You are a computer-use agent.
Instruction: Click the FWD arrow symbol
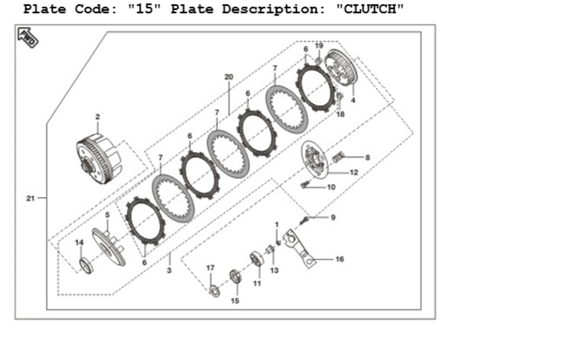pyautogui.click(x=28, y=37)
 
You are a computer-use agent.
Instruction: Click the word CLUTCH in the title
pyautogui.click(x=370, y=9)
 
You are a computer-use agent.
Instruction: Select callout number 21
pyautogui.click(x=30, y=198)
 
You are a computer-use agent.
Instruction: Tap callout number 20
pyautogui.click(x=229, y=76)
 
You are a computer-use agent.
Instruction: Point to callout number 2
pyautogui.click(x=98, y=117)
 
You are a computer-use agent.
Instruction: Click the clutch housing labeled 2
pyautogui.click(x=99, y=159)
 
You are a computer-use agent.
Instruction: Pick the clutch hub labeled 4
pyautogui.click(x=341, y=69)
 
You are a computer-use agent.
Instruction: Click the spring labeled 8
pyautogui.click(x=338, y=157)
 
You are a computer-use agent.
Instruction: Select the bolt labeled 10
pyautogui.click(x=305, y=185)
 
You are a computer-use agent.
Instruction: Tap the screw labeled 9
pyautogui.click(x=305, y=219)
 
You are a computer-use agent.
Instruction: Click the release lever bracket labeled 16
pyautogui.click(x=299, y=248)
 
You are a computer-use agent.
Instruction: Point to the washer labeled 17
pyautogui.click(x=214, y=290)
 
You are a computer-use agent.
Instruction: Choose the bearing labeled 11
pyautogui.click(x=256, y=259)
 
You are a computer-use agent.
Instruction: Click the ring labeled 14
pyautogui.click(x=86, y=265)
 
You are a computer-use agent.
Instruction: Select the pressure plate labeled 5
pyautogui.click(x=108, y=247)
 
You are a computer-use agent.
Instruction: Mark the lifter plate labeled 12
pyautogui.click(x=314, y=159)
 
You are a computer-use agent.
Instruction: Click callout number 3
pyautogui.click(x=169, y=270)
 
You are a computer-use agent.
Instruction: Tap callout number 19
pyautogui.click(x=319, y=45)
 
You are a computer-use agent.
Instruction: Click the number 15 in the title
pyautogui.click(x=145, y=9)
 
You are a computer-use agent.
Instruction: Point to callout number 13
pyautogui.click(x=274, y=270)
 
